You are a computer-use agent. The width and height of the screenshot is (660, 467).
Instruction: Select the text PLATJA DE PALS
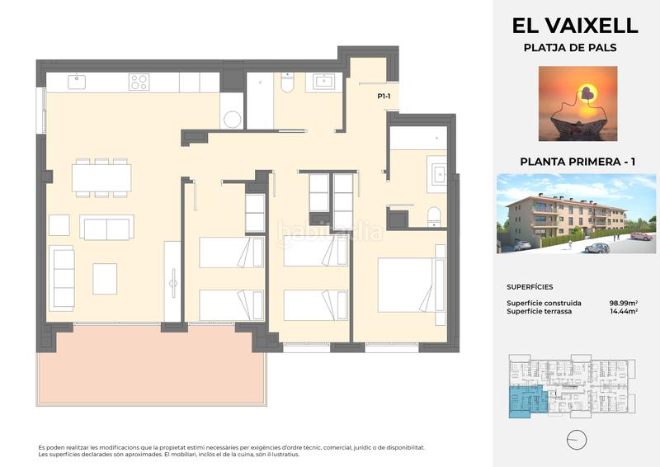point(570,48)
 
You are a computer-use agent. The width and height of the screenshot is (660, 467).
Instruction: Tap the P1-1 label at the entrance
point(384,97)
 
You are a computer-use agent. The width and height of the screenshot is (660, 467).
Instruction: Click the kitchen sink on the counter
point(76,81)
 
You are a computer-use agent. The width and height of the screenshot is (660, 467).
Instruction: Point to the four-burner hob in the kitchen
point(139,82)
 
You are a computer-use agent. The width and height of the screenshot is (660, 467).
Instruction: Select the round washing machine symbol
point(232,119)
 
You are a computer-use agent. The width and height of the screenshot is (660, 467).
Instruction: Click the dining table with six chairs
point(101,177)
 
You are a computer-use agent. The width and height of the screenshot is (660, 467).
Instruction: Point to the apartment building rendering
point(575,213)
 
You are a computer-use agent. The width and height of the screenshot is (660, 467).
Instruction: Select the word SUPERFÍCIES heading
point(530,288)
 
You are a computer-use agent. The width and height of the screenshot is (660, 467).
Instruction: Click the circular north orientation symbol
point(577,437)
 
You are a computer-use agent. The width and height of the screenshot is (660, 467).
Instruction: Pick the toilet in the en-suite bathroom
point(433,217)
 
